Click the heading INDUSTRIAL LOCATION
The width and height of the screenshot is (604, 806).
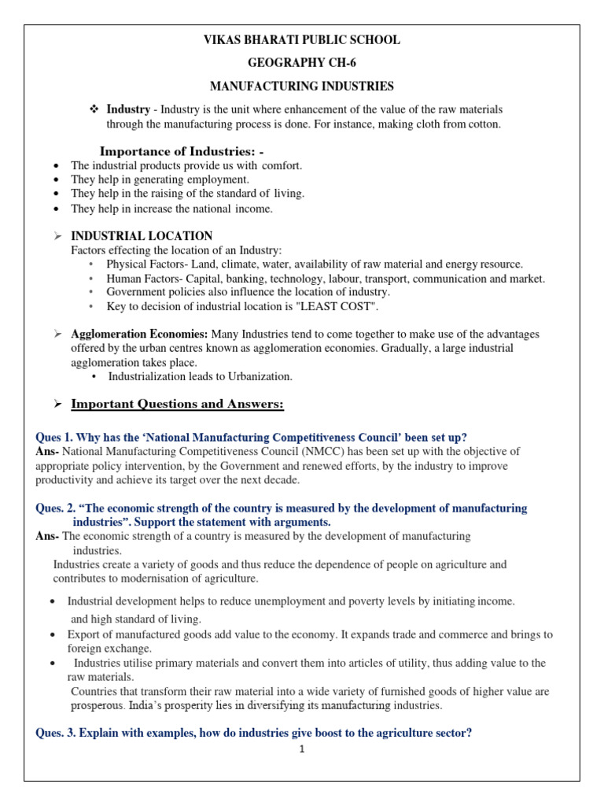tap(142, 235)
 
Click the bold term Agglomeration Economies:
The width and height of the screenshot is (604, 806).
tap(128, 335)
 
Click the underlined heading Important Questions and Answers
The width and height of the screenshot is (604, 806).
tap(177, 405)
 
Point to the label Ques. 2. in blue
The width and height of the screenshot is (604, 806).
tap(59, 508)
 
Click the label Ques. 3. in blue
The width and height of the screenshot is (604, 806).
tap(59, 733)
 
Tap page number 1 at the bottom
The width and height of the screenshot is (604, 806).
tap(301, 749)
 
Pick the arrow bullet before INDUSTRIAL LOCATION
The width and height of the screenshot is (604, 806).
tap(57, 236)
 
